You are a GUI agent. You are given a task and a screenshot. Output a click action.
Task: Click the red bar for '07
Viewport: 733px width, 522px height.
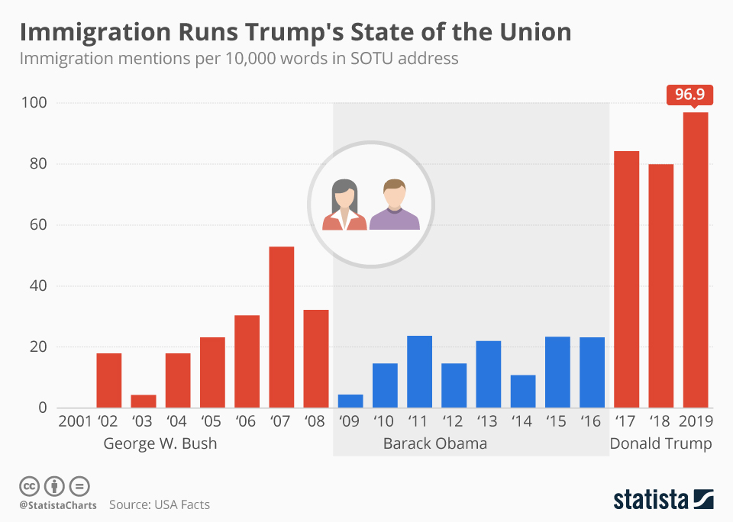coord(281,327)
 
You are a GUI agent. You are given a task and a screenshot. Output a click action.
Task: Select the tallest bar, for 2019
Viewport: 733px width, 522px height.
coord(696,259)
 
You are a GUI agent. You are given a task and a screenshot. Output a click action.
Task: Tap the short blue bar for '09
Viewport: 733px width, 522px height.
coord(350,401)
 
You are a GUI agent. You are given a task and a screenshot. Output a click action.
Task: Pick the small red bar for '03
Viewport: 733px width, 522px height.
coord(144,401)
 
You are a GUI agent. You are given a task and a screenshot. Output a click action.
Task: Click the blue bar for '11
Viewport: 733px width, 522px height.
coord(419,372)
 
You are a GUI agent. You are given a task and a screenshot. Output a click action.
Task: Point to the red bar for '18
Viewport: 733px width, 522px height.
coord(661,285)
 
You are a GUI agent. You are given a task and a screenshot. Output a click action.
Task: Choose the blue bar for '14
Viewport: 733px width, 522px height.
coord(523,391)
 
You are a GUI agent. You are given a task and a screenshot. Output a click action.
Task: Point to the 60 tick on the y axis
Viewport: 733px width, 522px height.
coord(39,225)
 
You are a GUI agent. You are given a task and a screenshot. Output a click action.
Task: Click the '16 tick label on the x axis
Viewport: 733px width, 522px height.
coord(592,421)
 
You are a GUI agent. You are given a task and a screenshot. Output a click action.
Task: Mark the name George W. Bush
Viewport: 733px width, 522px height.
coord(160,443)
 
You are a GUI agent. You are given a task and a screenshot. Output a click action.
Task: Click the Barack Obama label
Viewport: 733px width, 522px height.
coord(435,443)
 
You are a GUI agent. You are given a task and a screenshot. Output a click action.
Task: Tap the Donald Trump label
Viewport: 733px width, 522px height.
coord(660,443)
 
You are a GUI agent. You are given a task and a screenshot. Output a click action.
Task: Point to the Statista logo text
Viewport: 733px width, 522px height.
coord(649,500)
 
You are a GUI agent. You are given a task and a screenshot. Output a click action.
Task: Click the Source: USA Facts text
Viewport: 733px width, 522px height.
coord(160,504)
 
